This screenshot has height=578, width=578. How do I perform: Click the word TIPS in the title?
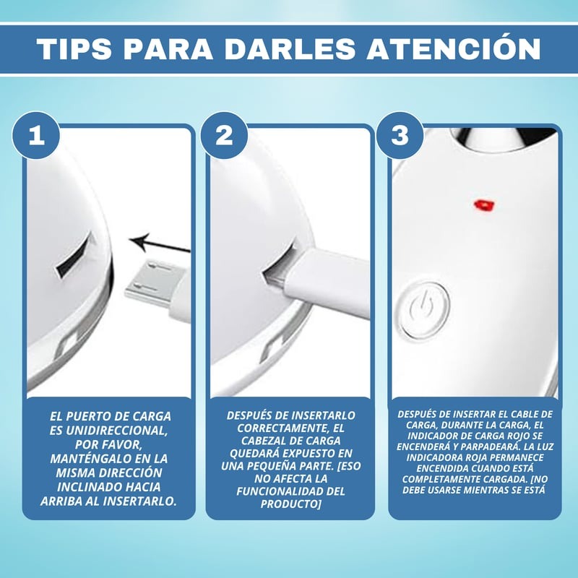74,48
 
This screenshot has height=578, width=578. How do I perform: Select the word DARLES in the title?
290,48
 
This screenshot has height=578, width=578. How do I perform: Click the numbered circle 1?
36,135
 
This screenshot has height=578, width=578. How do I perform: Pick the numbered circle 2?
224,135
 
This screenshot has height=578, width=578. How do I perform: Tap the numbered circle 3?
400,135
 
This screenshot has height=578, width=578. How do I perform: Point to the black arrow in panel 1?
160,244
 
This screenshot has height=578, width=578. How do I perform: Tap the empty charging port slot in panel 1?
74,255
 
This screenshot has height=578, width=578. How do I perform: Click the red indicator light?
484,205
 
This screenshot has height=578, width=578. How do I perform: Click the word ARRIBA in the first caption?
64,501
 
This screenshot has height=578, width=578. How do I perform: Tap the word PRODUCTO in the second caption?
288,504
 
